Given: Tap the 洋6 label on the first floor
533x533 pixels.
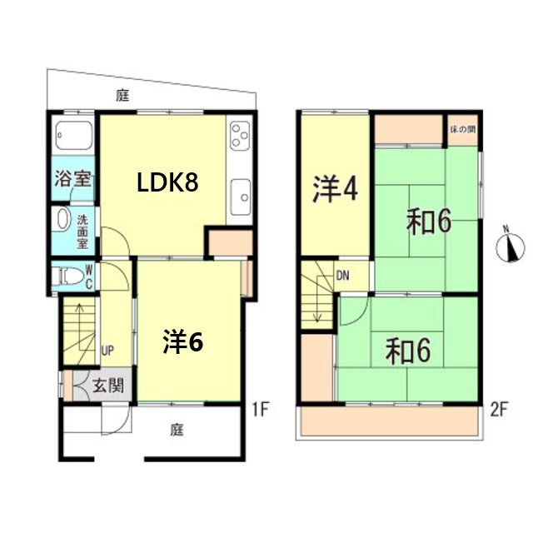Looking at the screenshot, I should [x=183, y=341].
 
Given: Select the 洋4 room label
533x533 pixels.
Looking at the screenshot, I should [x=335, y=190].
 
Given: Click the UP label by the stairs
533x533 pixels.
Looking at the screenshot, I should [x=107, y=351].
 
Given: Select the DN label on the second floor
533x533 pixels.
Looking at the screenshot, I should [x=343, y=275].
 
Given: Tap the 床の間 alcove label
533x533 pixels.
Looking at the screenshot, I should [x=462, y=130].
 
